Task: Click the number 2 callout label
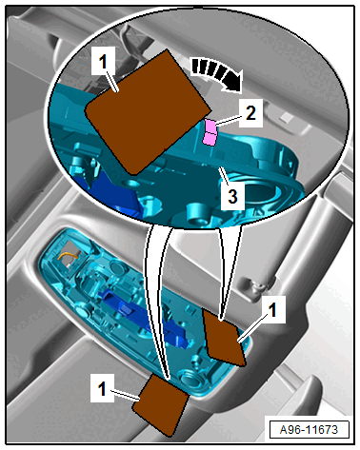click(250, 113)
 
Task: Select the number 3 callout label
click(232, 196)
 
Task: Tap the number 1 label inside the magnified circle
click(103, 61)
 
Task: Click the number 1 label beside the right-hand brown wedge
click(273, 309)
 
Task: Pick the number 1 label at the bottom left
click(102, 388)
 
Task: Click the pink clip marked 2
click(210, 132)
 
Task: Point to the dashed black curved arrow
click(217, 73)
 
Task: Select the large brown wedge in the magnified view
click(148, 112)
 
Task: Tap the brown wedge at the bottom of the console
click(161, 403)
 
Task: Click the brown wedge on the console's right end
click(225, 338)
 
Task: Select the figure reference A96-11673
click(309, 429)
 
